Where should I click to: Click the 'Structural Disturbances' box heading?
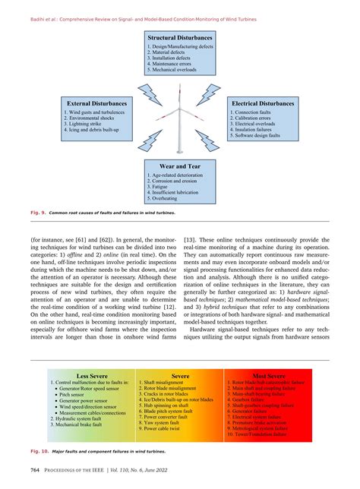coord(181,37)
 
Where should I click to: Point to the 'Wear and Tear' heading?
coord(181,164)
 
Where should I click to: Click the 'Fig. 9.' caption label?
coord(37,213)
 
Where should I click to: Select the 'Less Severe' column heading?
coord(87,375)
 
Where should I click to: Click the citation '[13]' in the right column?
coord(191,235)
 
